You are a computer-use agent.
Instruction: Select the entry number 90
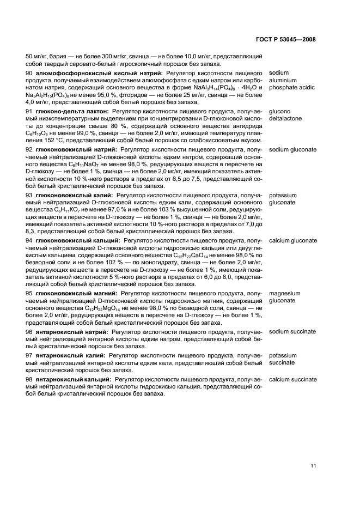click(30, 72)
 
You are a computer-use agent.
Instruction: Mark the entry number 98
click(30, 379)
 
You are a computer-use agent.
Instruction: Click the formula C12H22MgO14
click(105, 308)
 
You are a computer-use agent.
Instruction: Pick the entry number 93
click(30, 195)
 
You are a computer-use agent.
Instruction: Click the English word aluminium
click(283, 80)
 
